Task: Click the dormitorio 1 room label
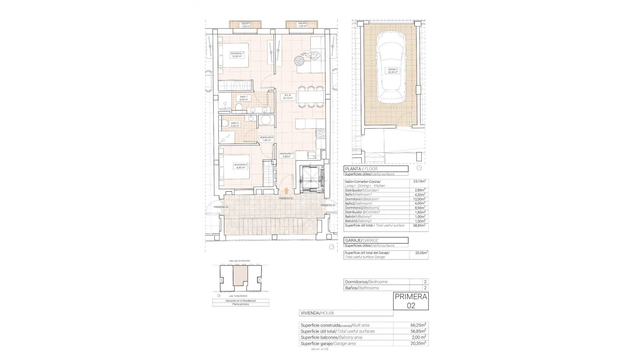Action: [x=237, y=55]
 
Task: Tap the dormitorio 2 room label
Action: [x=241, y=166]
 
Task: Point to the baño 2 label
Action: [x=235, y=124]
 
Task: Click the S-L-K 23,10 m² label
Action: [x=287, y=97]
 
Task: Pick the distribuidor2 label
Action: [x=267, y=139]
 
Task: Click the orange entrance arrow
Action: [x=286, y=190]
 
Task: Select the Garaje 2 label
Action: [x=393, y=70]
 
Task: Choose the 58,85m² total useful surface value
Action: [x=419, y=226]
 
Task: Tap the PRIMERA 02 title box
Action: [x=411, y=301]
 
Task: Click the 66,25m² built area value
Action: [x=418, y=325]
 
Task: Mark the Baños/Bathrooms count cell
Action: [x=425, y=288]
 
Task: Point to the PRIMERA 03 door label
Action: [x=221, y=207]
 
